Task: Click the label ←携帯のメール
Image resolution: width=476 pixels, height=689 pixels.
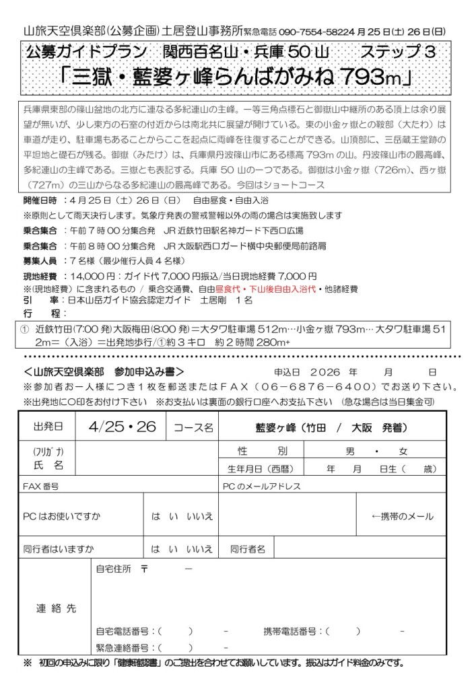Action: point(403,516)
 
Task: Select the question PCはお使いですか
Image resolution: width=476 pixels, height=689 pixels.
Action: point(61,516)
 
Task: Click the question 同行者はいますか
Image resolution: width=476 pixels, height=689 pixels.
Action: point(59,549)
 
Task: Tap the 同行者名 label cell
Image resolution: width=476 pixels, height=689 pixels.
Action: point(248,549)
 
